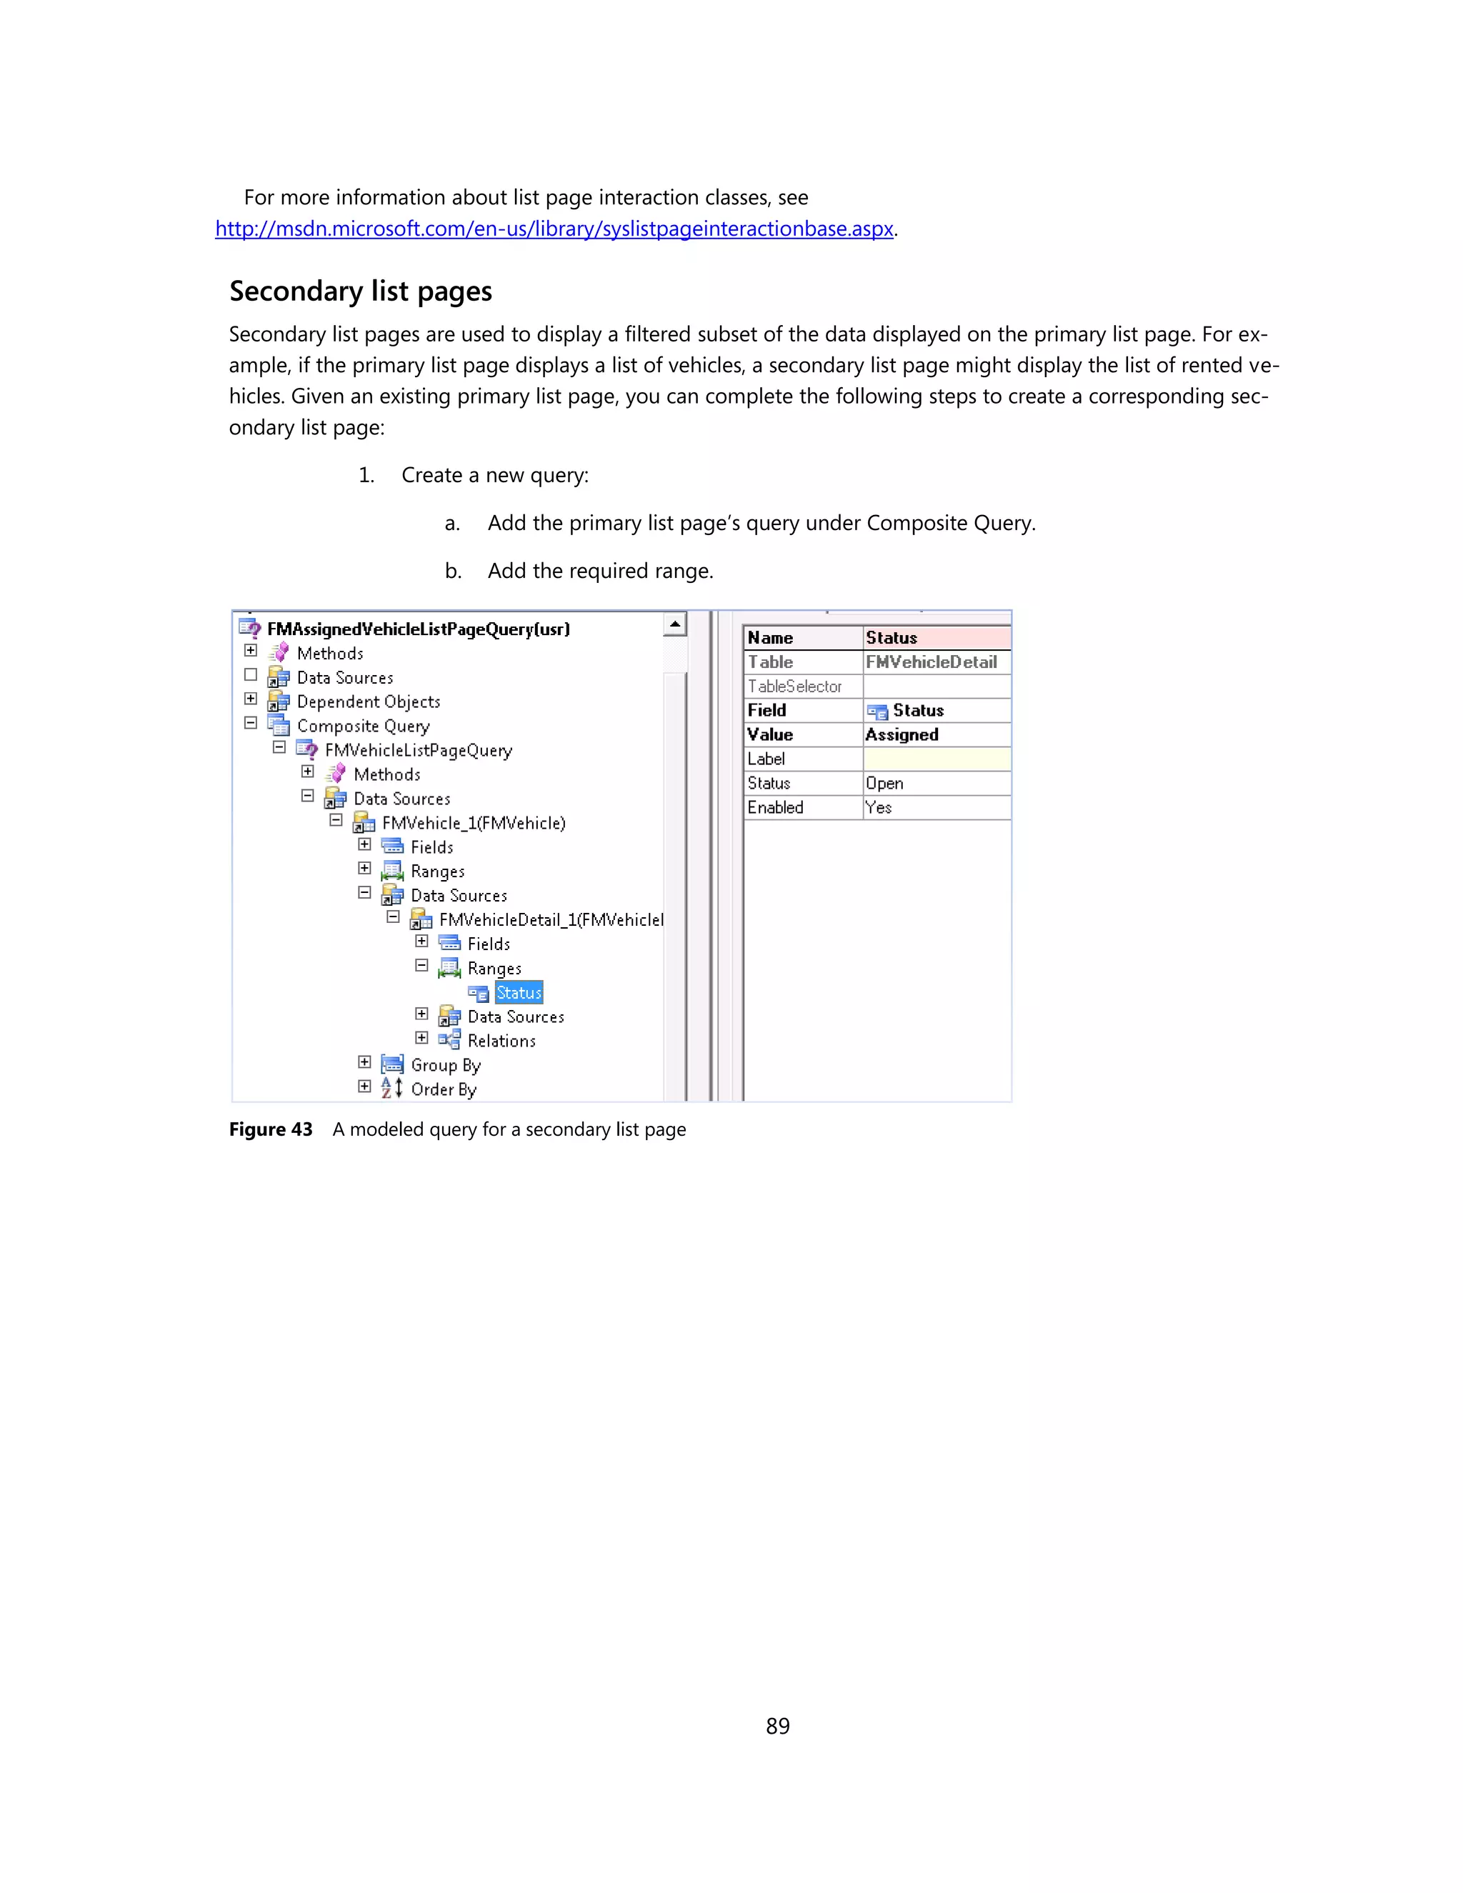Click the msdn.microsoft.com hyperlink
[554, 229]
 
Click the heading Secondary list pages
[361, 291]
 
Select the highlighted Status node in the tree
[519, 992]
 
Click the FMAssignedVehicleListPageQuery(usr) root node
[418, 629]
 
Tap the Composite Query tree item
[362, 726]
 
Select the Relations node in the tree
[501, 1041]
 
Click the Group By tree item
[446, 1065]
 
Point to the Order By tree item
[443, 1089]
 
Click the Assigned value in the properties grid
[902, 735]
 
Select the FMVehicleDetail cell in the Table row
[931, 662]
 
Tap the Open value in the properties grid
[885, 784]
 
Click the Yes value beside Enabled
[879, 808]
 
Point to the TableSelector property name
[795, 686]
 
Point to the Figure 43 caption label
[271, 1129]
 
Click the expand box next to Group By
[365, 1063]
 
